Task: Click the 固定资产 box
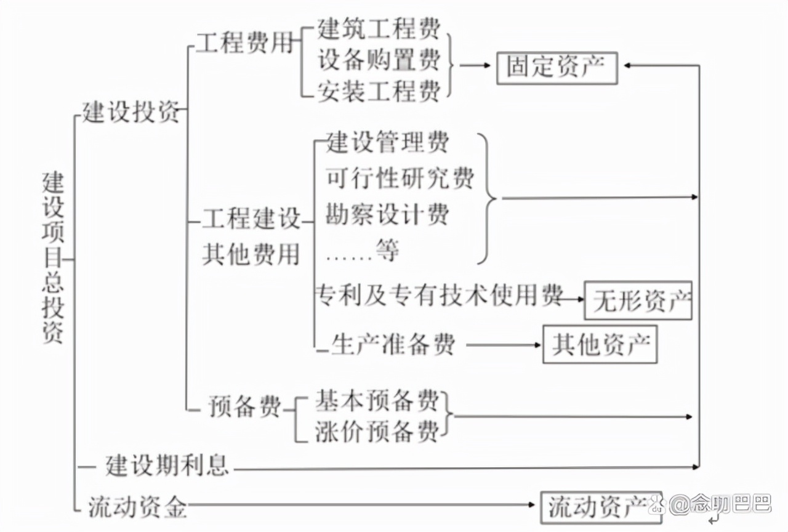[x=557, y=68]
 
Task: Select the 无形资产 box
[x=638, y=300]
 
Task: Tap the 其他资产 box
[x=600, y=344]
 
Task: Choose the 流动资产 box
[x=600, y=507]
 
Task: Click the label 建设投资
[x=131, y=113]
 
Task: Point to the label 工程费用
[x=244, y=44]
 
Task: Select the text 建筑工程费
[x=379, y=28]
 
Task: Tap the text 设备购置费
[x=379, y=60]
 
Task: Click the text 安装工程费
[x=379, y=91]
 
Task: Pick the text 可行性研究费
[x=400, y=179]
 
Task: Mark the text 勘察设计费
[x=387, y=214]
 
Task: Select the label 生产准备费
[x=393, y=345]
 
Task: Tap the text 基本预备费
[x=377, y=401]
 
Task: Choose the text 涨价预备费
[x=377, y=430]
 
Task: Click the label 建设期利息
[x=167, y=465]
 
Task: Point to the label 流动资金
[x=137, y=507]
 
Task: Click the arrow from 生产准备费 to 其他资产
[x=504, y=345]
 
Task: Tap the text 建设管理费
[x=387, y=143]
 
